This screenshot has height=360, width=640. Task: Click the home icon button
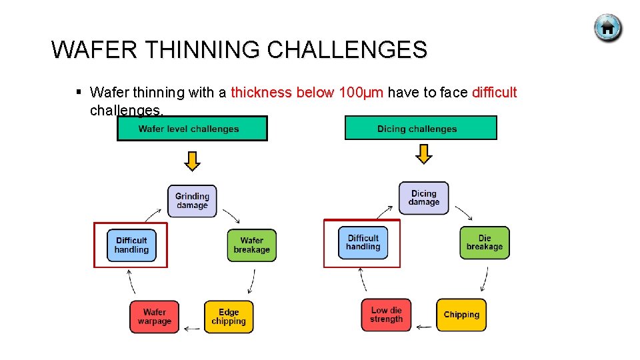[x=607, y=29]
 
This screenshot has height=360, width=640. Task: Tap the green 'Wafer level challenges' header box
[x=192, y=129]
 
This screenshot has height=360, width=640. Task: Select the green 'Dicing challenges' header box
[x=420, y=128]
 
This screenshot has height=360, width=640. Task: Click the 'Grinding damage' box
[x=192, y=201]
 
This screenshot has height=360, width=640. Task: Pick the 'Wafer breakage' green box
[x=251, y=245]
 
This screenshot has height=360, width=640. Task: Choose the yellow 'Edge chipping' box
[x=229, y=317]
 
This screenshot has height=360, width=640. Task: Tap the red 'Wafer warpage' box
[x=155, y=317]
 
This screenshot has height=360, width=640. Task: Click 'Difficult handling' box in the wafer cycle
[x=131, y=245]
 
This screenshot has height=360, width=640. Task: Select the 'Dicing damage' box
[x=424, y=198]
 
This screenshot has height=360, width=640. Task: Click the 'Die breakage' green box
[x=485, y=243]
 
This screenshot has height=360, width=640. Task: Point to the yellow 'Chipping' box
[x=461, y=315]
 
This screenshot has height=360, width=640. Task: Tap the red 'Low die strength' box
[x=387, y=315]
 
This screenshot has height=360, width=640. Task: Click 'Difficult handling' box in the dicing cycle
[x=363, y=243]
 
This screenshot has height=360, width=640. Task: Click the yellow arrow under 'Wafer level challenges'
[x=192, y=161]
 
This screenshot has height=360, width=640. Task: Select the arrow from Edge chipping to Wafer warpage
[x=192, y=328]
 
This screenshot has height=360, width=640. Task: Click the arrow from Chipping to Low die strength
[x=424, y=327]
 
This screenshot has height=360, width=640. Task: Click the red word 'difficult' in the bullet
[x=494, y=93]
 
